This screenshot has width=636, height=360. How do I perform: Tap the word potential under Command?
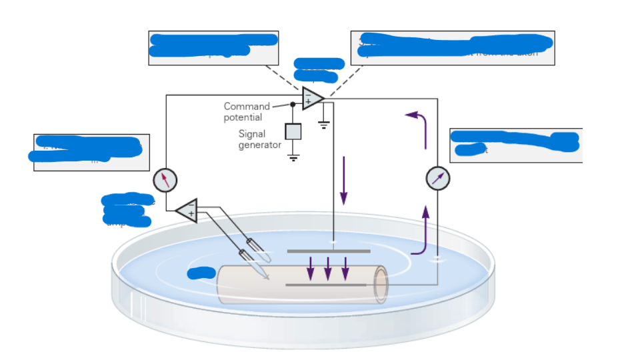coord(243,117)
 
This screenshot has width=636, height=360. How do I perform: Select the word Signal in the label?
coord(251,134)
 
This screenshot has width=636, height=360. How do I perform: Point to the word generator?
coord(259,145)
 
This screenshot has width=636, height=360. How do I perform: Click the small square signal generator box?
coord(293,131)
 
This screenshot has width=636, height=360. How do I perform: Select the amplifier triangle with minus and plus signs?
coord(312,98)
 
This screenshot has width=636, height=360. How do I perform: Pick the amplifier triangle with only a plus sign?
coord(188,211)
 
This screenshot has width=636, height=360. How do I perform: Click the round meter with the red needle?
coord(165,179)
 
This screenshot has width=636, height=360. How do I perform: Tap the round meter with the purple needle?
coord(437,178)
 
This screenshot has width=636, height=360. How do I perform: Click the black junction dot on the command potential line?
coord(292,104)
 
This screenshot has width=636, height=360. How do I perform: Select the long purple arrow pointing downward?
coord(344,180)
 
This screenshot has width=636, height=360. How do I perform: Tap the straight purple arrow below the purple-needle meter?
coord(425,221)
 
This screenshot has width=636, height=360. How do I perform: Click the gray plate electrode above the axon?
coord(328,251)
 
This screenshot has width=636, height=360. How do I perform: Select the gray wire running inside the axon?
coord(326,285)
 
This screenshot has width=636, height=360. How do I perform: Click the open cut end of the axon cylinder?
coord(381,285)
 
